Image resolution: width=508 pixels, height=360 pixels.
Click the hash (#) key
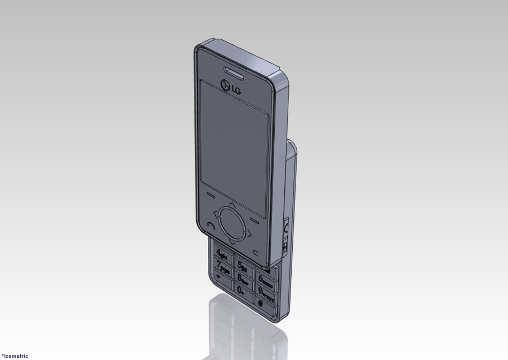point(260,303)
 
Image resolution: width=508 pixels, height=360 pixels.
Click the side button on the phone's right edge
point(285,228)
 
